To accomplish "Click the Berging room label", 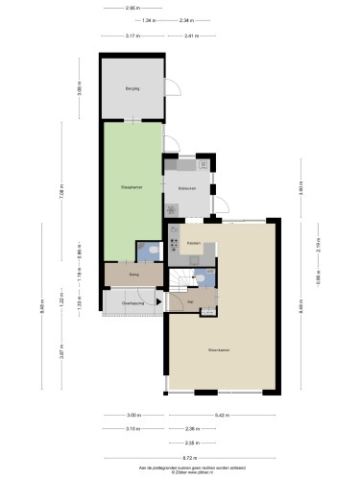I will tap(132, 88).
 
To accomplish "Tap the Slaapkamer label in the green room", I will tap(132, 187).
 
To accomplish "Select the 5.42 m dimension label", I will tap(222, 415).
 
